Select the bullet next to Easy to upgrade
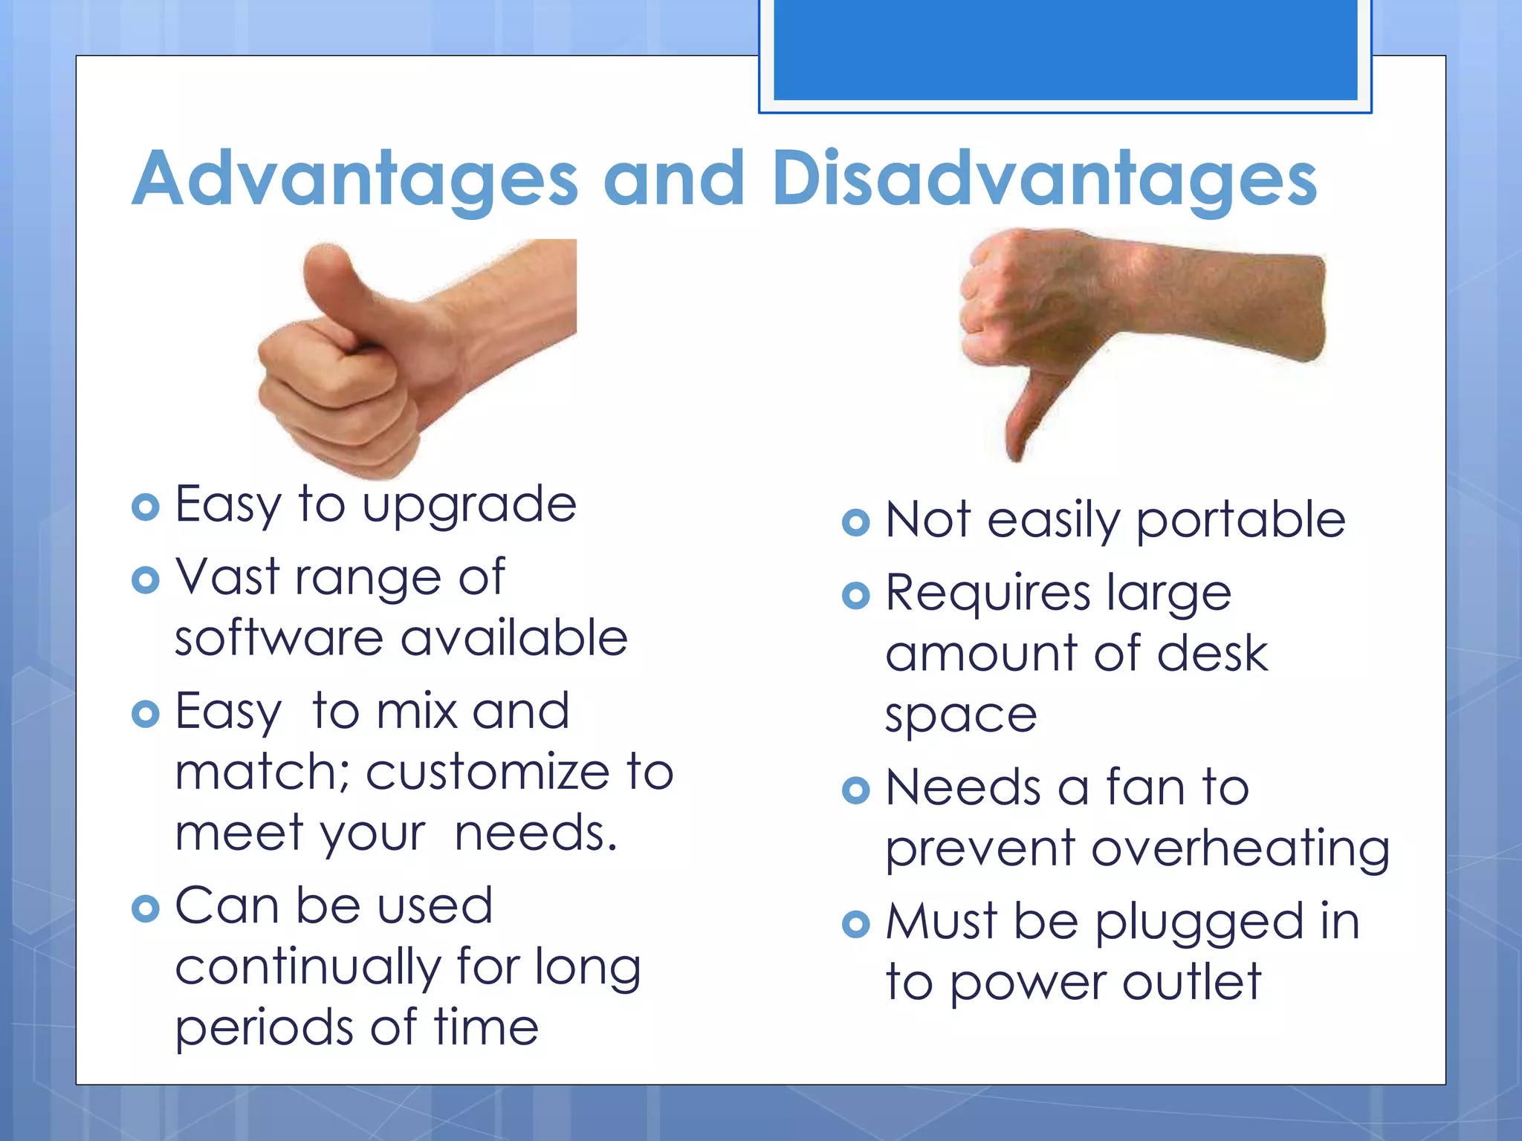(145, 507)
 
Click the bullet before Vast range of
(145, 580)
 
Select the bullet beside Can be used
(145, 908)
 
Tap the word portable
(1240, 520)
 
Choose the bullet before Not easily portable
(856, 522)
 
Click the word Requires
(988, 594)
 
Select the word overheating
(1240, 849)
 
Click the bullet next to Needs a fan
(856, 790)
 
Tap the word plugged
(1199, 923)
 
